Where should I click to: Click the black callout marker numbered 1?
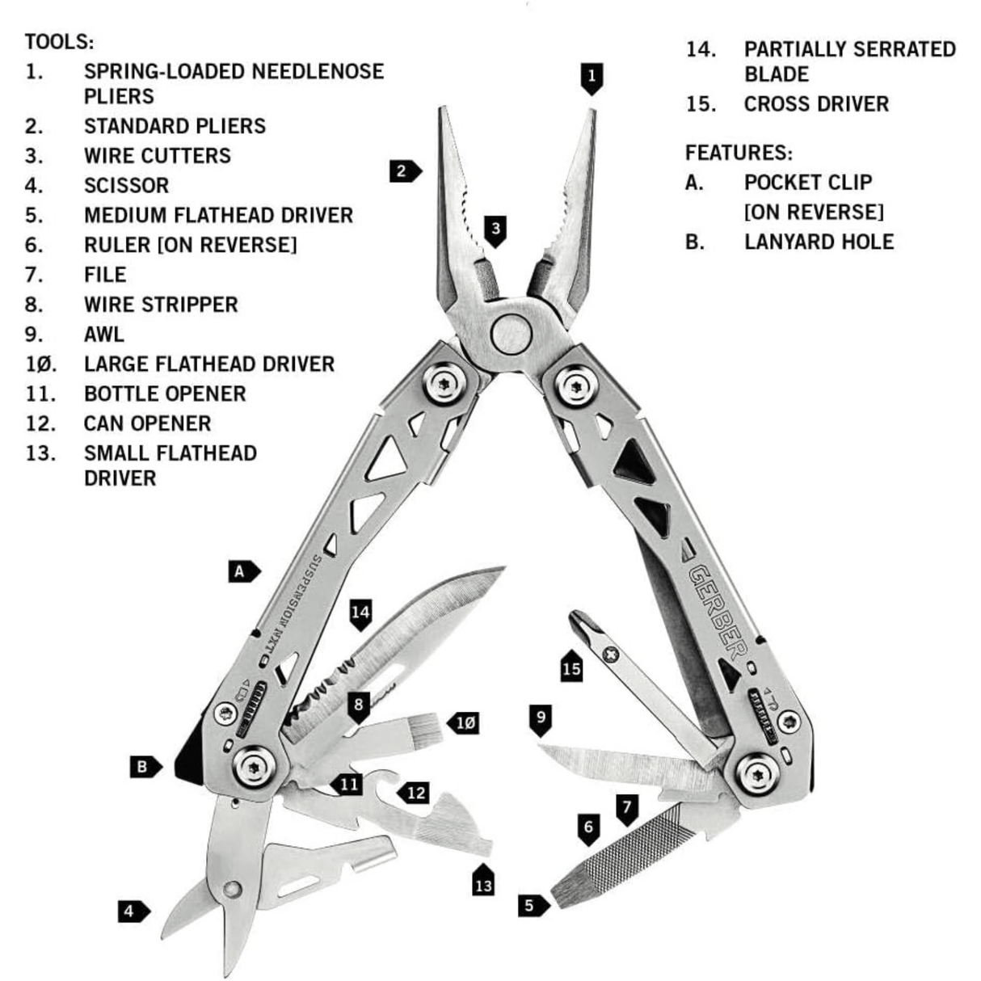[592, 78]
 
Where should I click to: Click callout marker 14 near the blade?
[360, 613]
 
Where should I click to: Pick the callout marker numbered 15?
[571, 667]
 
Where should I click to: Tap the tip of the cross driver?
[579, 622]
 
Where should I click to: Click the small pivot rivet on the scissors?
[233, 890]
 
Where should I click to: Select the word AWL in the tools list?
[104, 335]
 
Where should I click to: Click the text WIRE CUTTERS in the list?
[158, 156]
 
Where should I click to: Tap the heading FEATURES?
[739, 153]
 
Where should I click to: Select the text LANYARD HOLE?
[819, 242]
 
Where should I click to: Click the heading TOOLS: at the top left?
[59, 41]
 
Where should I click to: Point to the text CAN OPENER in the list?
[148, 423]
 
